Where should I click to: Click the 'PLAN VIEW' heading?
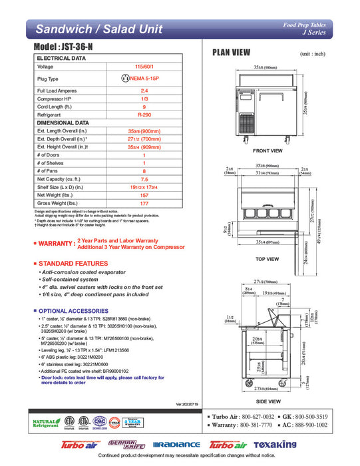(x=231, y=52)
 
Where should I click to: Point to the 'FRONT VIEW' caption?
(x=268, y=150)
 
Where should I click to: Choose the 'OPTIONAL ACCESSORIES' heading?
(x=73, y=311)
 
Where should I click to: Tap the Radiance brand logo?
(x=176, y=445)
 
